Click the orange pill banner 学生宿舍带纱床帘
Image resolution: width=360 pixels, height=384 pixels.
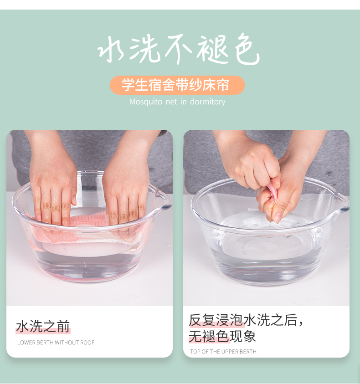177,85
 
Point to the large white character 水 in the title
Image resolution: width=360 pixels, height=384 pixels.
111,49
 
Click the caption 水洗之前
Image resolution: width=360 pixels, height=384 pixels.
43,327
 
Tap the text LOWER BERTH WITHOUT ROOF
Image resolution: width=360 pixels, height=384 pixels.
56,343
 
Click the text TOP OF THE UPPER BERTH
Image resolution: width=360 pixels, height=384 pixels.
223,352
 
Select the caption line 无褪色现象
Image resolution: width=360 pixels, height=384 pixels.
222,336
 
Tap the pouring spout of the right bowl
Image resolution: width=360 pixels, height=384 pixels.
343,201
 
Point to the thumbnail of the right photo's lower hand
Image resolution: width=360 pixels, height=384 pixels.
277,217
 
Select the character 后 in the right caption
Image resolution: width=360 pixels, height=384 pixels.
290,320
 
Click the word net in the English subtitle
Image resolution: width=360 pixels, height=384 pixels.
171,102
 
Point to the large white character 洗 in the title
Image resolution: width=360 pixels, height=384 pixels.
144,49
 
